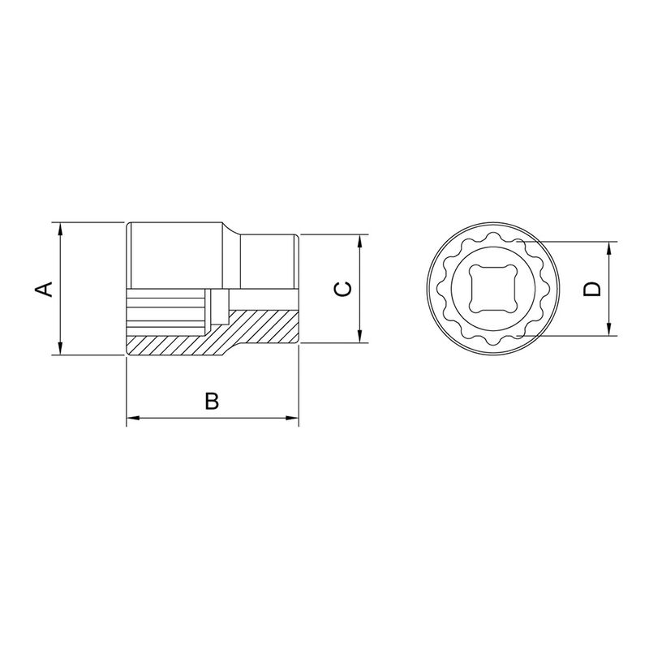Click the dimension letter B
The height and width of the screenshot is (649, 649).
point(211,400)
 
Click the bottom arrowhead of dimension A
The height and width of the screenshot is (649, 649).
point(61,349)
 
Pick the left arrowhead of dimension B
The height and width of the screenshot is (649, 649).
point(132,419)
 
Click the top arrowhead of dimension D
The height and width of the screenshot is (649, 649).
point(610,247)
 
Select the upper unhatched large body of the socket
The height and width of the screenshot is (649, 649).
point(174,256)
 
